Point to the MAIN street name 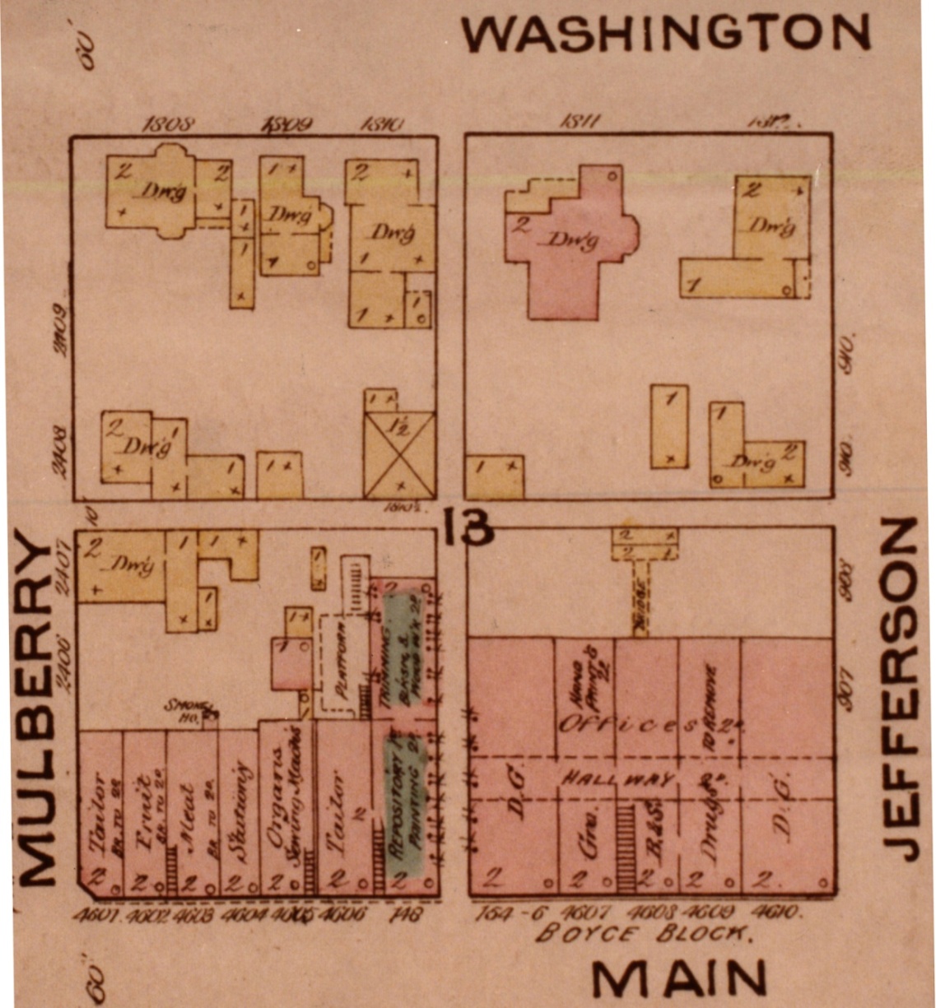pyautogui.click(x=678, y=979)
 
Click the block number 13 pyautogui.click(x=467, y=527)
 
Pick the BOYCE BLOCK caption pyautogui.click(x=643, y=934)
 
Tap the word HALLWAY pyautogui.click(x=618, y=779)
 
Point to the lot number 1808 pyautogui.click(x=168, y=124)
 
